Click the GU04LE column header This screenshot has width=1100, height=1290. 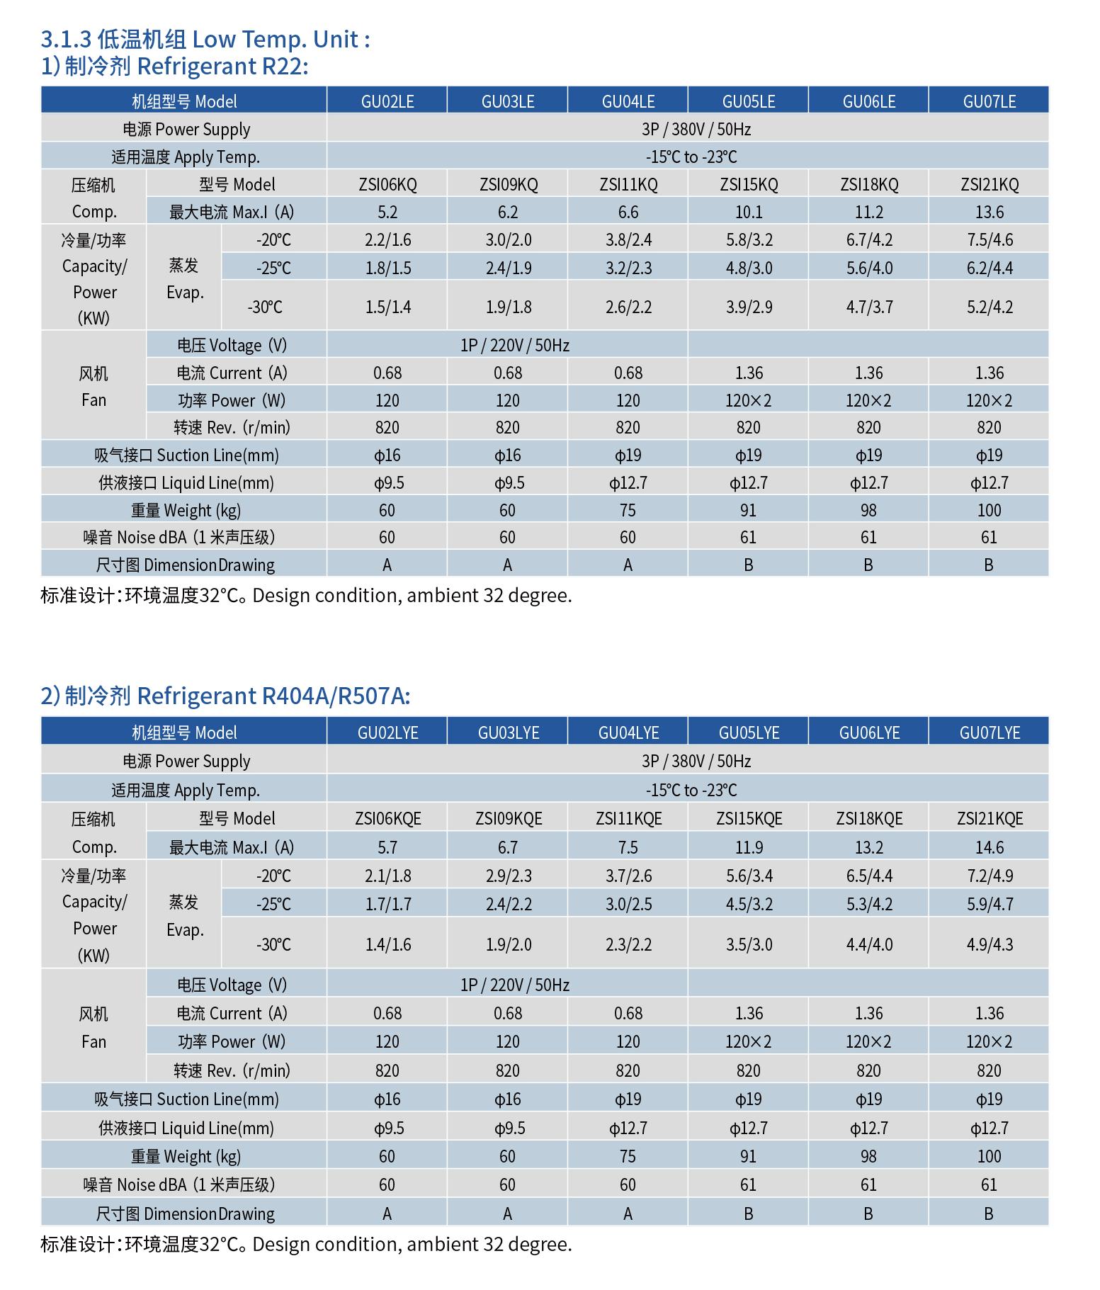pos(628,101)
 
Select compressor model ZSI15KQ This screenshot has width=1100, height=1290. pos(749,185)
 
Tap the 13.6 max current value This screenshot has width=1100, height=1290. pos(989,212)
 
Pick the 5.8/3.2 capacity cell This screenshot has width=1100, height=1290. pos(749,240)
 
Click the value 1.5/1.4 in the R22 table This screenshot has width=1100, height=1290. pos(387,307)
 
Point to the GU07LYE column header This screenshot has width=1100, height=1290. pos(990,732)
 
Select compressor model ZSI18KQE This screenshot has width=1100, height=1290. pos(869,819)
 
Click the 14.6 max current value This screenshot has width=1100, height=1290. pos(989,847)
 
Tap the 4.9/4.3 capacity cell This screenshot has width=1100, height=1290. pos(990,944)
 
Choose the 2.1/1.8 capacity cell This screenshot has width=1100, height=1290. pos(387,876)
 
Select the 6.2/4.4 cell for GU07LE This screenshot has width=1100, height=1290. pos(990,268)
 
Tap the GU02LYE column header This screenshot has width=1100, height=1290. pos(387,732)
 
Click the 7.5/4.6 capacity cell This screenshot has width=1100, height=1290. pos(990,240)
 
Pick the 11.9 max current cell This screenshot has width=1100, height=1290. pos(749,847)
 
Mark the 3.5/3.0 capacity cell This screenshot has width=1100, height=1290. pos(749,944)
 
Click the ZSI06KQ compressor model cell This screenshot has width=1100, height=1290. pos(387,185)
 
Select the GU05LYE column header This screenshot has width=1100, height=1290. pos(749,732)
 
